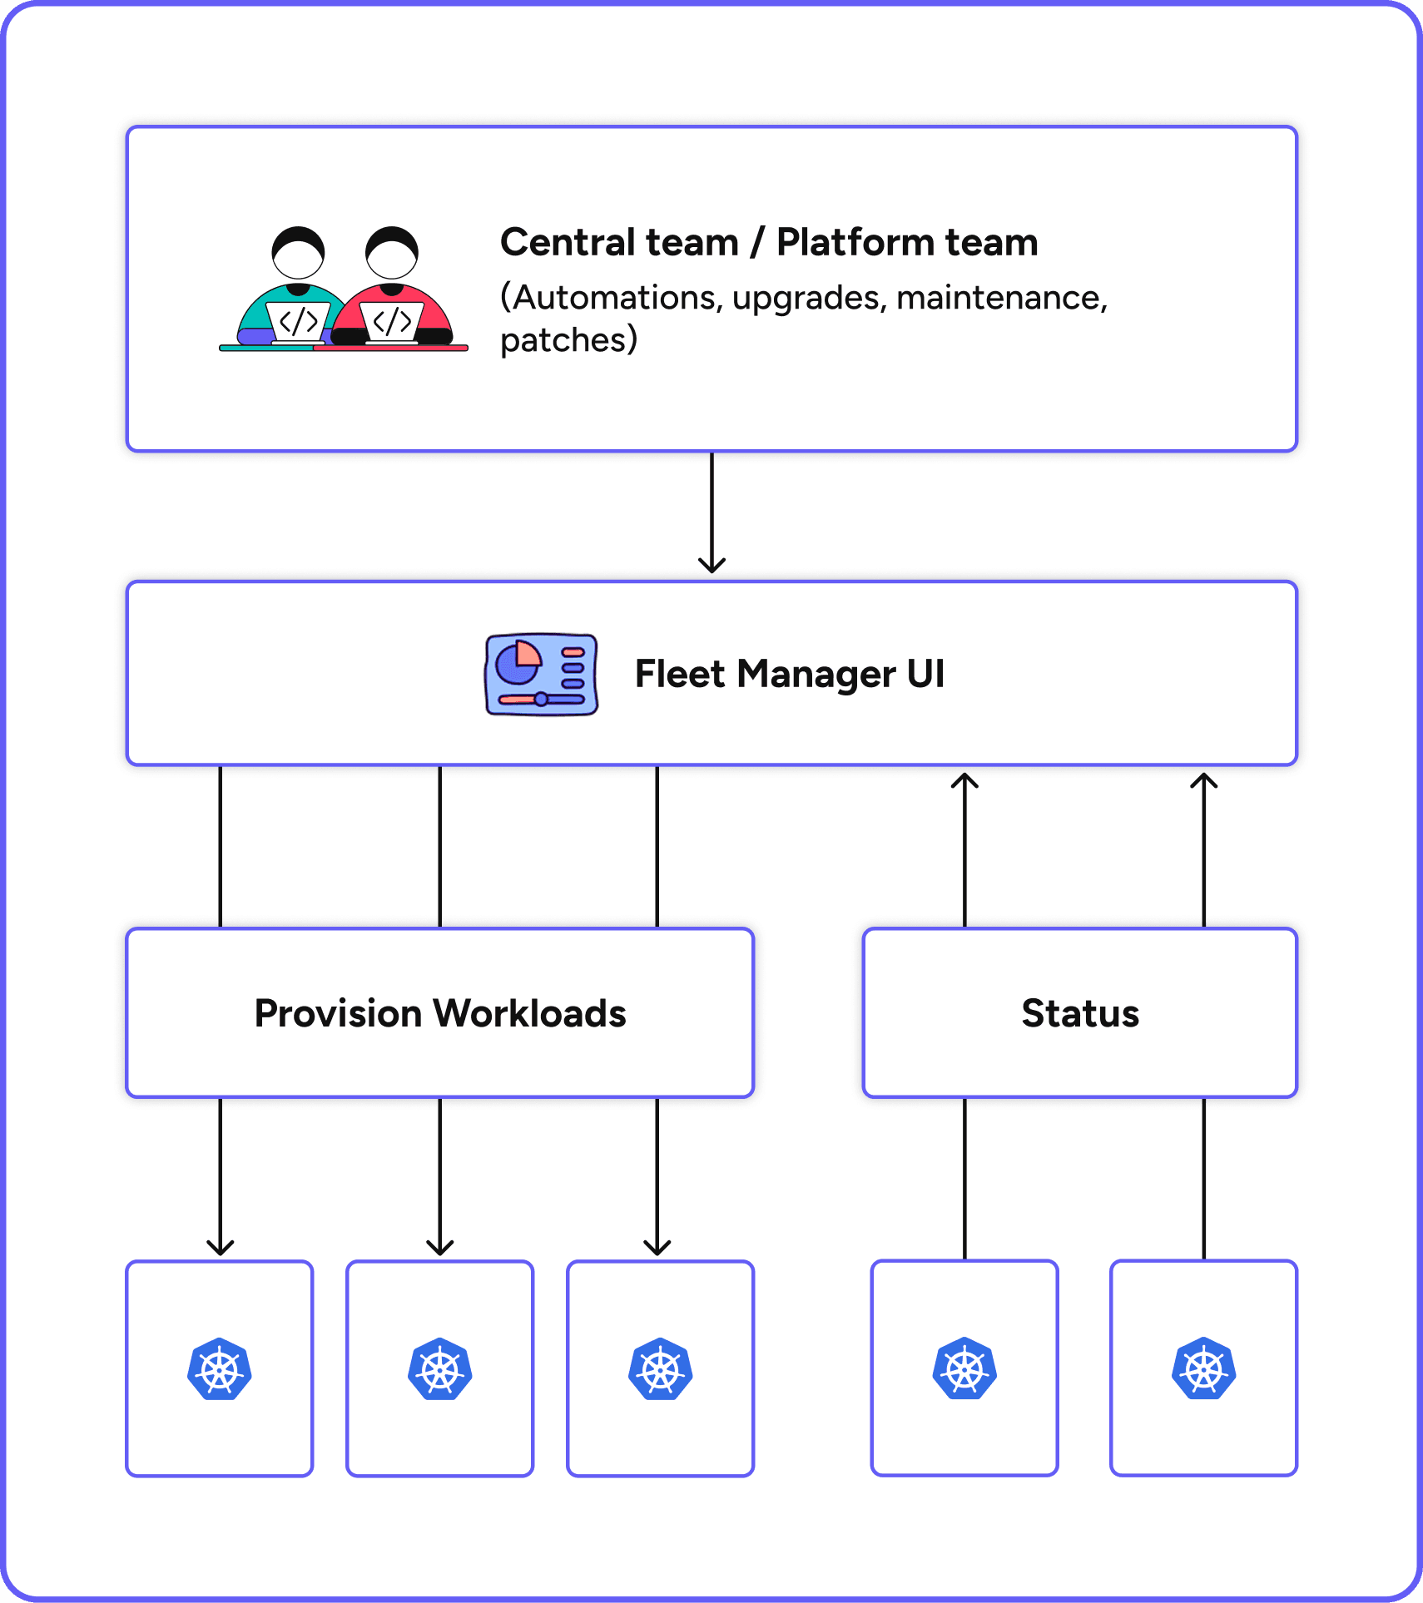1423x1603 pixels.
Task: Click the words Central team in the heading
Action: (619, 243)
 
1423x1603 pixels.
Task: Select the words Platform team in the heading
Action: (907, 243)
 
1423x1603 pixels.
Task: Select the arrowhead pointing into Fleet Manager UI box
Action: (711, 565)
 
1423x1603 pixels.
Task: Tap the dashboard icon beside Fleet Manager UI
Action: (541, 674)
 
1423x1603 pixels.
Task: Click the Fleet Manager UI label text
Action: (789, 674)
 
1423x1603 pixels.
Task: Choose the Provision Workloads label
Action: (439, 1013)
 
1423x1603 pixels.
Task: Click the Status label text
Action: (1080, 1013)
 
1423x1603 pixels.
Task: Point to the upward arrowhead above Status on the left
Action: (964, 781)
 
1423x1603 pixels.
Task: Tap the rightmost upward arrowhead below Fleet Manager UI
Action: (1203, 781)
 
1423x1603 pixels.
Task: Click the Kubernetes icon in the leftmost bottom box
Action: (220, 1369)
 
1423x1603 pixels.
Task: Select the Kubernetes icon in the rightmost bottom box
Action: (1203, 1369)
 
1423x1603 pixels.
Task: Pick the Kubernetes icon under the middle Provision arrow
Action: (439, 1369)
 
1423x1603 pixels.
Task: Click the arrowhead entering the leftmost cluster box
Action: (220, 1247)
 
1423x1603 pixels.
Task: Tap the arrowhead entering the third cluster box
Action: (657, 1247)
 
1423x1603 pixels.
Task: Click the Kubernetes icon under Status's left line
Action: (964, 1369)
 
